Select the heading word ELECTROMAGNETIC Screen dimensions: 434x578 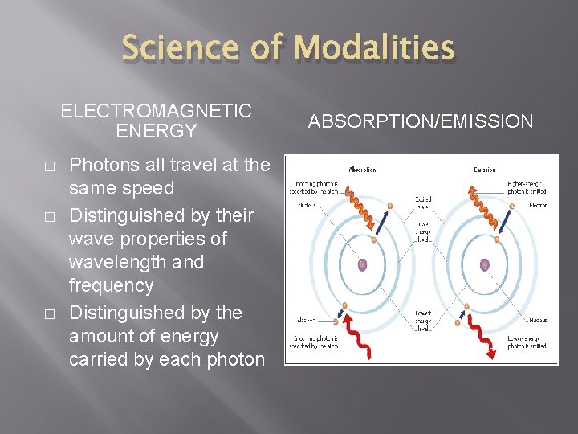pos(156,111)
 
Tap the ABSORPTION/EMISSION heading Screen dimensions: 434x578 pos(421,121)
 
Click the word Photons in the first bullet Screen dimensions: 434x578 pos(101,166)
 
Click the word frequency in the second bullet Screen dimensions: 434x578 pos(111,285)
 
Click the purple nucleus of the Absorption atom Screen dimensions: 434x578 pos(362,264)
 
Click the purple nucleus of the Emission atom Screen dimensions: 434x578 pos(484,264)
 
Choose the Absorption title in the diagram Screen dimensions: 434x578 pos(362,170)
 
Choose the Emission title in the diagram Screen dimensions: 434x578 pos(484,170)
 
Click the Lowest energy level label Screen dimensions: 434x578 pos(423,320)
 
